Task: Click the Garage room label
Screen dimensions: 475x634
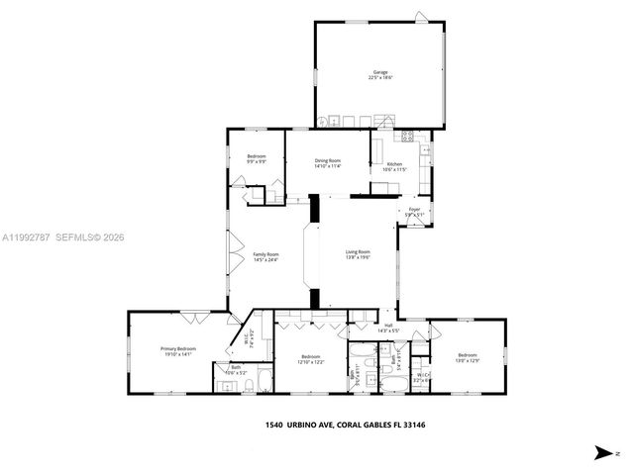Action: pos(380,72)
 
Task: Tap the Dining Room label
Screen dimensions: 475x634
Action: pos(328,161)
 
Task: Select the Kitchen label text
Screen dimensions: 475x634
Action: pos(394,164)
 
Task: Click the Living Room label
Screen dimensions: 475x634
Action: pos(358,252)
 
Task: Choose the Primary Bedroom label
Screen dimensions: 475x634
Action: pos(178,349)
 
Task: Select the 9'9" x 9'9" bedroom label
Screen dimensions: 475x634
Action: pos(256,157)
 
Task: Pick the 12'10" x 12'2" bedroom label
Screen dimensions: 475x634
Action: pos(310,357)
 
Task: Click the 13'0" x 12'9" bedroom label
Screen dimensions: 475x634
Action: pos(467,356)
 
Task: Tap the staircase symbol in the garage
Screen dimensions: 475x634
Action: pos(384,121)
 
